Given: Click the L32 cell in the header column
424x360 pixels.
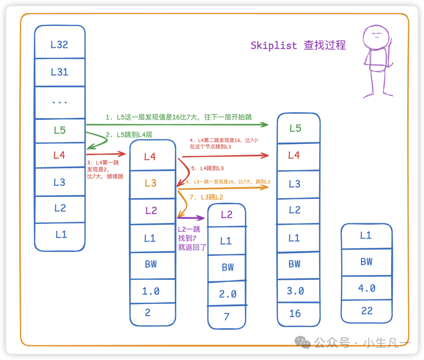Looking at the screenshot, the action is [x=60, y=44].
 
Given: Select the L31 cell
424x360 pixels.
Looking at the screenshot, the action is [x=60, y=72].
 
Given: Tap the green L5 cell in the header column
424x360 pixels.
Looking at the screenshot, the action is [x=60, y=130].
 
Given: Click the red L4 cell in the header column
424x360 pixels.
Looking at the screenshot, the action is [x=60, y=155].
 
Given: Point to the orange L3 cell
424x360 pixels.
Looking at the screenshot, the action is [x=151, y=184].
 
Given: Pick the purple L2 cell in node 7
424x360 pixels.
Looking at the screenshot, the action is [x=227, y=215].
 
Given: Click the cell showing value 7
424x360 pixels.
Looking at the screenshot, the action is [x=227, y=317].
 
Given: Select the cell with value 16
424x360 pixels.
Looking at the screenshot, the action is [x=295, y=314].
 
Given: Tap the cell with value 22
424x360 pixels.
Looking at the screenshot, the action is [x=367, y=311].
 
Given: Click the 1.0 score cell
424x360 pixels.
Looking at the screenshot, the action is [x=151, y=291].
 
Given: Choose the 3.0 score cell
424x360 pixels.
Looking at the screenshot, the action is [x=295, y=291].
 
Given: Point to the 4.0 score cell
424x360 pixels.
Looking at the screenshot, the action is [x=367, y=288].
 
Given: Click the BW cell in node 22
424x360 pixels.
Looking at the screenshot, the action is [x=367, y=262].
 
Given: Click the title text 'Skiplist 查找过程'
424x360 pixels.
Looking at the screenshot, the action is [x=298, y=46].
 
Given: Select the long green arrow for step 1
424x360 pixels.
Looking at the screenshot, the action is [x=177, y=125].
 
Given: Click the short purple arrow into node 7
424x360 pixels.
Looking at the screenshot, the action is [x=191, y=217].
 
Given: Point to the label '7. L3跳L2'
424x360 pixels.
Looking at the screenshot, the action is [x=207, y=197].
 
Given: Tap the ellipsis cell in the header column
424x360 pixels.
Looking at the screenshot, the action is [x=60, y=102].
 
